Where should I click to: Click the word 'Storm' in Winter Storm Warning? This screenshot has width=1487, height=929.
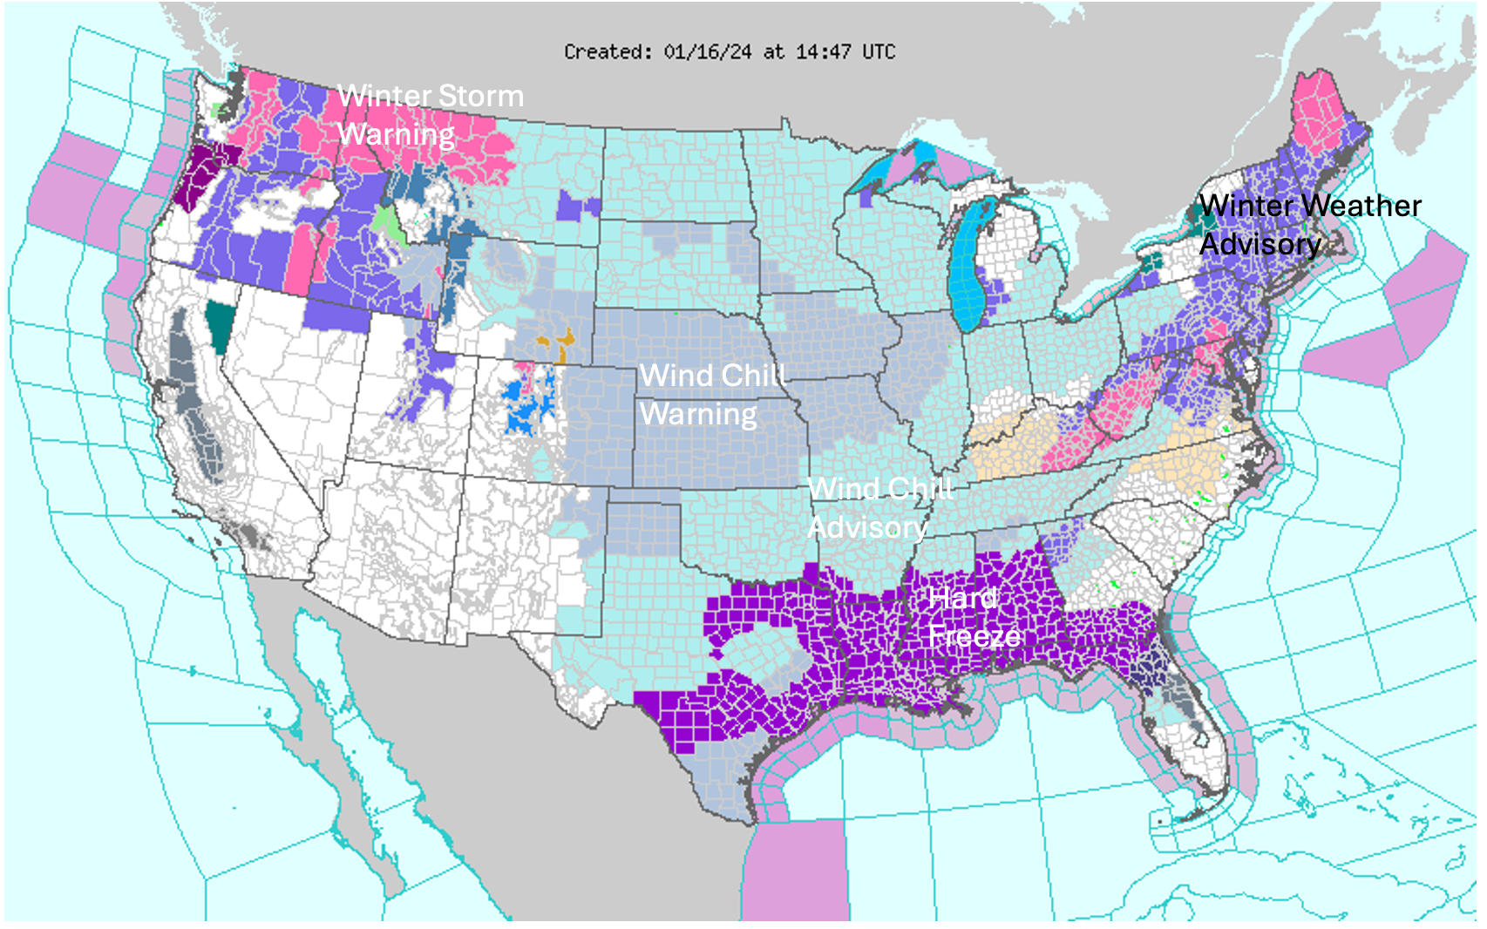(480, 96)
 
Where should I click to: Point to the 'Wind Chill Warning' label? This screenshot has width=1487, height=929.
(712, 394)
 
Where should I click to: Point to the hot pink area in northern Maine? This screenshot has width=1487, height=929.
(1318, 113)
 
